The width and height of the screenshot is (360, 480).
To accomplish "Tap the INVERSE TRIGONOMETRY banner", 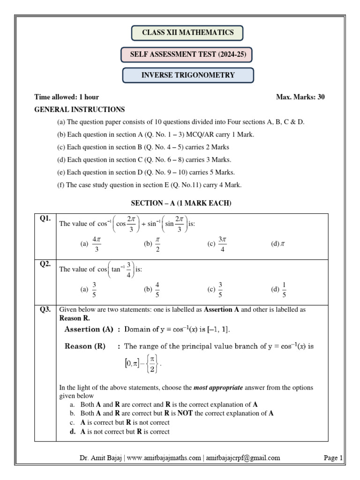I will click(x=188, y=75).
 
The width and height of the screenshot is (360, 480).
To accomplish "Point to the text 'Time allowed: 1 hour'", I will click(x=67, y=97).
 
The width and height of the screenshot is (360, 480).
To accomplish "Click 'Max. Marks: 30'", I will click(x=300, y=97).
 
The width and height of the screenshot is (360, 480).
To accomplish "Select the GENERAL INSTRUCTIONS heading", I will click(x=80, y=110).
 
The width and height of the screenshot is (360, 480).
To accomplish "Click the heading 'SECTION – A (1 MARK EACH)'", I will click(x=180, y=203).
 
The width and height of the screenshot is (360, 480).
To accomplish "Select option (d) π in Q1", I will click(x=278, y=244).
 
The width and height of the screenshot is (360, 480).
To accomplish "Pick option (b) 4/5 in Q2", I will click(x=153, y=289).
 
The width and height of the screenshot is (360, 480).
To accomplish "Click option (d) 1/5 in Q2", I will click(x=278, y=289).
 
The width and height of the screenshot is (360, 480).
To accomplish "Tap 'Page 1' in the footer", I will click(x=333, y=458).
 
